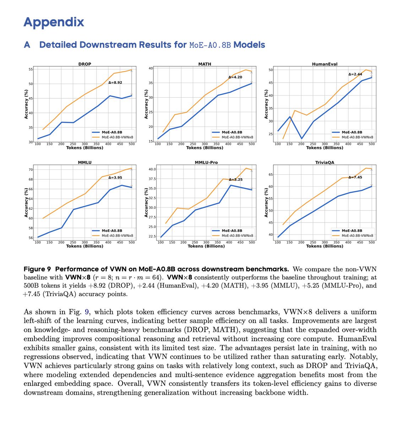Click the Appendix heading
click(54, 22)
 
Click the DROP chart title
click(85, 64)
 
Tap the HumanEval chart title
click(325, 64)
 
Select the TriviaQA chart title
click(325, 163)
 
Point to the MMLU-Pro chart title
click(206, 163)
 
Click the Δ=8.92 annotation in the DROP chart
click(115, 82)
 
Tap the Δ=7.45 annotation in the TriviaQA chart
click(355, 177)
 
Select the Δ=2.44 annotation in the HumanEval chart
click(355, 74)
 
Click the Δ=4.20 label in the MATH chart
click(235, 77)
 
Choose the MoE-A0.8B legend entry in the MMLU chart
click(112, 231)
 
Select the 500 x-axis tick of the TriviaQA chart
click(371, 242)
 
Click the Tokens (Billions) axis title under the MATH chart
click(205, 148)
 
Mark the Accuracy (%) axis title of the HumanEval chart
click(266, 104)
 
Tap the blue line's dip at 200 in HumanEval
click(301, 138)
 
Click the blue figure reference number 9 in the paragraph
click(87, 312)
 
